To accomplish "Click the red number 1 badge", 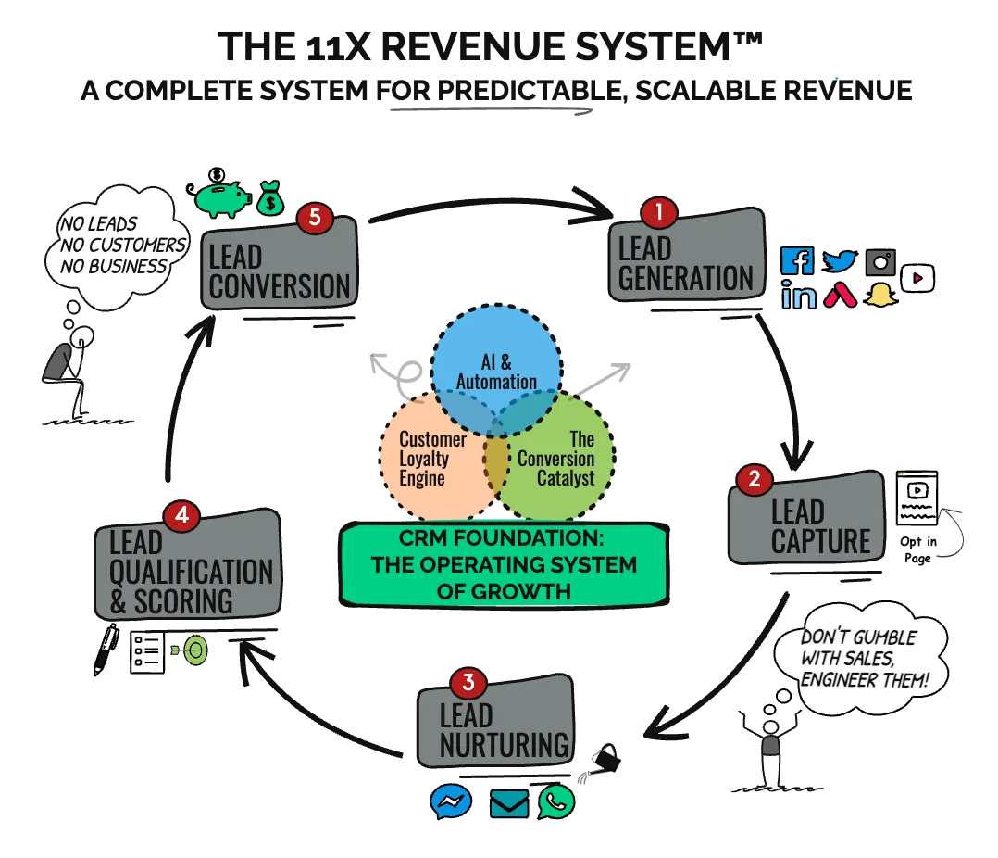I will [659, 212].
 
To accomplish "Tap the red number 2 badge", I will [754, 479].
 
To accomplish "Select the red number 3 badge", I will [468, 684].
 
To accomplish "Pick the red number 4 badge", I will [181, 515].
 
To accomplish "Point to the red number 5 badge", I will [315, 218].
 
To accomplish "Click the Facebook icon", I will [796, 260].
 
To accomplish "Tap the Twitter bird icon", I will [841, 261].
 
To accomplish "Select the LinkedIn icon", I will [798, 296].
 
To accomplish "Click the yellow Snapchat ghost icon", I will [879, 296].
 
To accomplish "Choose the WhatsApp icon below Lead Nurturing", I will [556, 801].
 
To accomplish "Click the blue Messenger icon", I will [451, 801].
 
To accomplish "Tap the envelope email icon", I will [508, 802].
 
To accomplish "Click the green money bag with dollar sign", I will [269, 198].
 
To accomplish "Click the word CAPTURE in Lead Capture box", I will [821, 541].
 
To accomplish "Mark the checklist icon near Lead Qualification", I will [146, 652].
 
